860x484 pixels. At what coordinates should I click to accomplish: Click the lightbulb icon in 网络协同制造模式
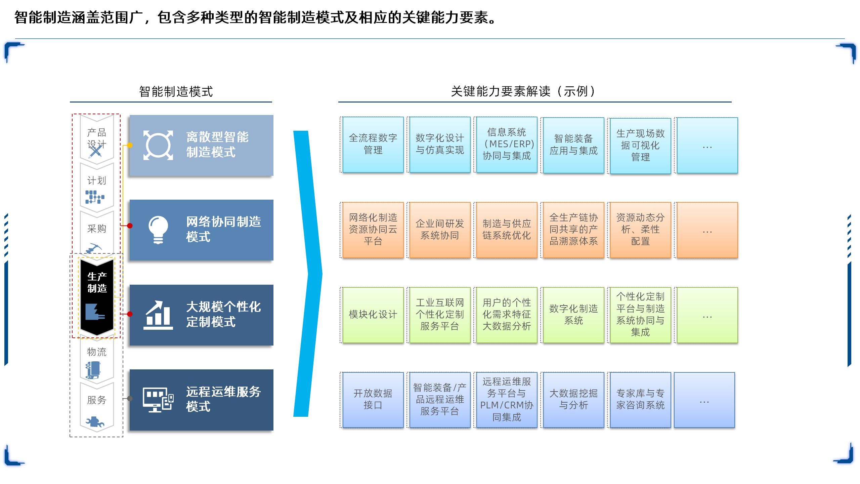(158, 230)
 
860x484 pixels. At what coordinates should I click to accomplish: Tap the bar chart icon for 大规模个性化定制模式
(158, 315)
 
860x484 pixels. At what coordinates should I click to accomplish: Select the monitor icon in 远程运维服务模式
(158, 400)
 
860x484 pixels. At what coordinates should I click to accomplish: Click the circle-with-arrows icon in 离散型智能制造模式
(158, 145)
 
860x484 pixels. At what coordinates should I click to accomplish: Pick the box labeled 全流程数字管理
(373, 145)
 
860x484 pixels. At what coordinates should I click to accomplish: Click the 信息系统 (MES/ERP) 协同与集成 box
(507, 145)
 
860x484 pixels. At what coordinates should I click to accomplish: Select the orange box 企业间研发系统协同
(440, 230)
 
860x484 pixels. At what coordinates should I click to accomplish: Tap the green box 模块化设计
(373, 315)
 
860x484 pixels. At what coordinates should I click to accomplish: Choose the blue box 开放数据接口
(373, 400)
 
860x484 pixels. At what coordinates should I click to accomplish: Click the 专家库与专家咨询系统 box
(640, 400)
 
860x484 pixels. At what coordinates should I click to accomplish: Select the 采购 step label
(97, 229)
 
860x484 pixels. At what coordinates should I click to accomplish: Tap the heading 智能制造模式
(176, 91)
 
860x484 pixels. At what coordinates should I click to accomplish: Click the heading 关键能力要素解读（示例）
(523, 91)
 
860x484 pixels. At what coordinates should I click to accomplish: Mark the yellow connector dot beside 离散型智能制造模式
(130, 145)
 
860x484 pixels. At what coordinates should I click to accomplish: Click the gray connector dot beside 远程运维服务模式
(130, 399)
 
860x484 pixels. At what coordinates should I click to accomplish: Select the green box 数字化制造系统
(573, 315)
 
